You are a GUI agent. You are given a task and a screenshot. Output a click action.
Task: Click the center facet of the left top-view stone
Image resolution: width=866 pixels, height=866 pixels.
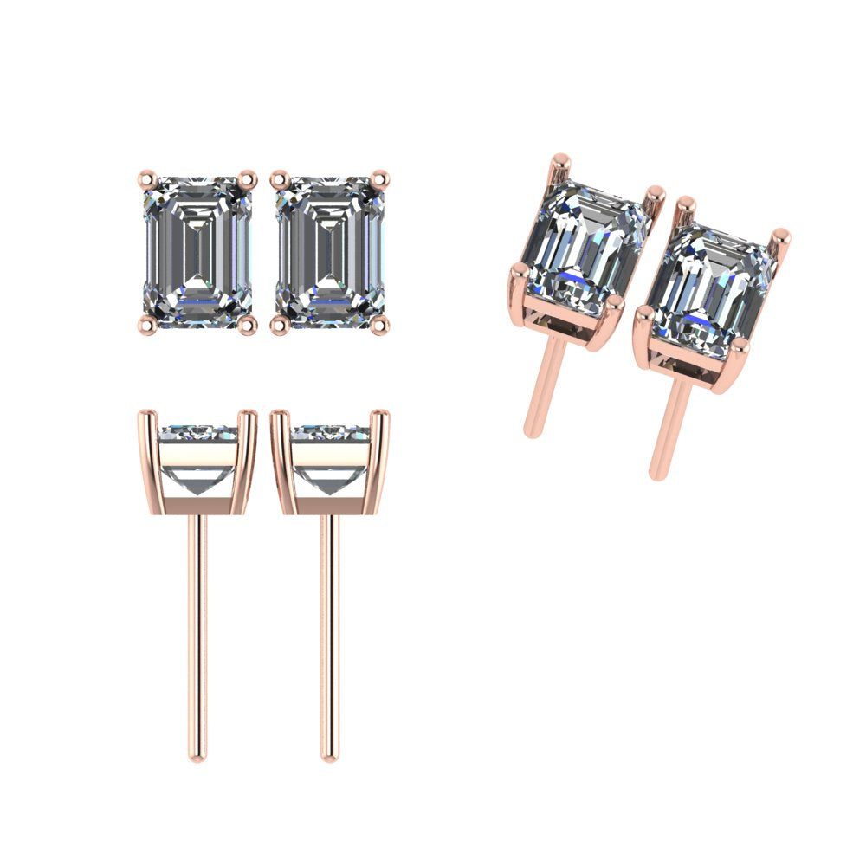pos(197,251)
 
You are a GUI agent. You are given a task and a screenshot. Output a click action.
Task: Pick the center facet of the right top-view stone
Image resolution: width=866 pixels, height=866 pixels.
pos(329,251)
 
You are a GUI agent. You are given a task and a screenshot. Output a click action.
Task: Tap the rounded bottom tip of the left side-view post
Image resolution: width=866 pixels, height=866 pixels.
pos(197,756)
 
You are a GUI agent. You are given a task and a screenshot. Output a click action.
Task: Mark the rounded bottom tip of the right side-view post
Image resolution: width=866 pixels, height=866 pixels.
pos(329,756)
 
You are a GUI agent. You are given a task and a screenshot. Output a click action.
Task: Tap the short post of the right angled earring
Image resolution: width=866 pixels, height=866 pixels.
pos(669,429)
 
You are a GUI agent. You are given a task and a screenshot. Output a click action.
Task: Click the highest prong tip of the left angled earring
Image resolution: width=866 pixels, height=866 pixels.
pos(560,160)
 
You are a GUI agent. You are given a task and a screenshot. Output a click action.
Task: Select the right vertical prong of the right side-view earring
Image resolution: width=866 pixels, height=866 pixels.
pos(381,459)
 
